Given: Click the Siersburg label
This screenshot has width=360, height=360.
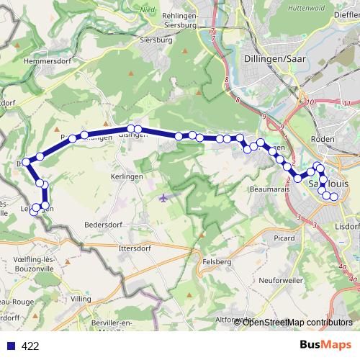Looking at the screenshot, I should click(x=160, y=40).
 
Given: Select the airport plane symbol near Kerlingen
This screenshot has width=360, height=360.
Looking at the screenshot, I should click(x=163, y=197).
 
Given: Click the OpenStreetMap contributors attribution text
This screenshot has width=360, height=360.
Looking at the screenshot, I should click(x=297, y=323).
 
